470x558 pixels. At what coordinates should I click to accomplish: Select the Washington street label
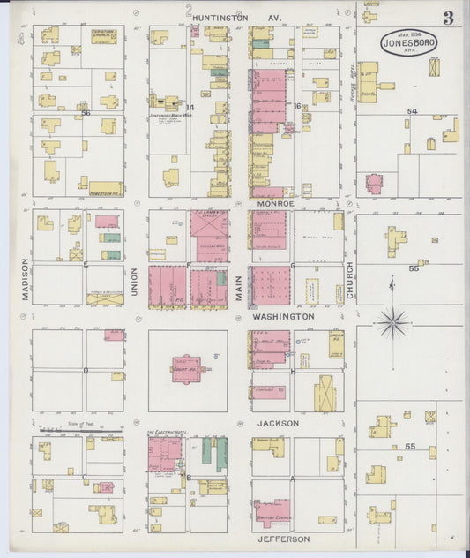283,315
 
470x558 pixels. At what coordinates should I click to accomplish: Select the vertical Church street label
350,279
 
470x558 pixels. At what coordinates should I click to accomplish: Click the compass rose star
392,321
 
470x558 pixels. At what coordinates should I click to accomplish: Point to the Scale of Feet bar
79,428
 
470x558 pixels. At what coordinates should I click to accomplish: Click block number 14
189,108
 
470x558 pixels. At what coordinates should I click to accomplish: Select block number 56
86,113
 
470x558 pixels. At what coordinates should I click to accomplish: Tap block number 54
411,111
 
